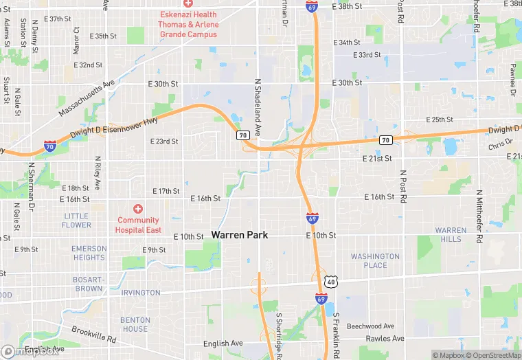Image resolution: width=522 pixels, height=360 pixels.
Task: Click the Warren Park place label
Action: tap(239, 235)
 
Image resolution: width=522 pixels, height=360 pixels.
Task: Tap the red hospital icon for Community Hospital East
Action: tap(138, 209)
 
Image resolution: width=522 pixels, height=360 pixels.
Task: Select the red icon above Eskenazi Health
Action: tap(188, 4)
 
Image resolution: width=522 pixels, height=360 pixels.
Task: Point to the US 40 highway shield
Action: tap(331, 281)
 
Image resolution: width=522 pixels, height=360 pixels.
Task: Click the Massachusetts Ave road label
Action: tap(86, 98)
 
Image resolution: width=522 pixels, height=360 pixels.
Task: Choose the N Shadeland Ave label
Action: tap(258, 106)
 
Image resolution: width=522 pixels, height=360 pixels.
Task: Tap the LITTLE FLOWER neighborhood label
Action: tap(76, 221)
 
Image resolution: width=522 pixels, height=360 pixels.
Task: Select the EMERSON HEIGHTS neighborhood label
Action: tap(90, 253)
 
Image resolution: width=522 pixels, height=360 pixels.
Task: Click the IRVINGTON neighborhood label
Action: tap(140, 293)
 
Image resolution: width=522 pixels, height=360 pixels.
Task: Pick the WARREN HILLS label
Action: tap(451, 234)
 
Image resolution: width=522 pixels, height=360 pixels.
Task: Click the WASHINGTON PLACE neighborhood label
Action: tap(375, 261)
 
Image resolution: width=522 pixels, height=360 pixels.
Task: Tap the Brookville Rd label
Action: tap(94, 334)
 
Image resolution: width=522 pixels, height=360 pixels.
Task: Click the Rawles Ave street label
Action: tap(385, 339)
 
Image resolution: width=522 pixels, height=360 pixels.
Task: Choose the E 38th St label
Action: tap(346, 6)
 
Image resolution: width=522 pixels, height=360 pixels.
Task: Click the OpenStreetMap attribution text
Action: tap(492, 355)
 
